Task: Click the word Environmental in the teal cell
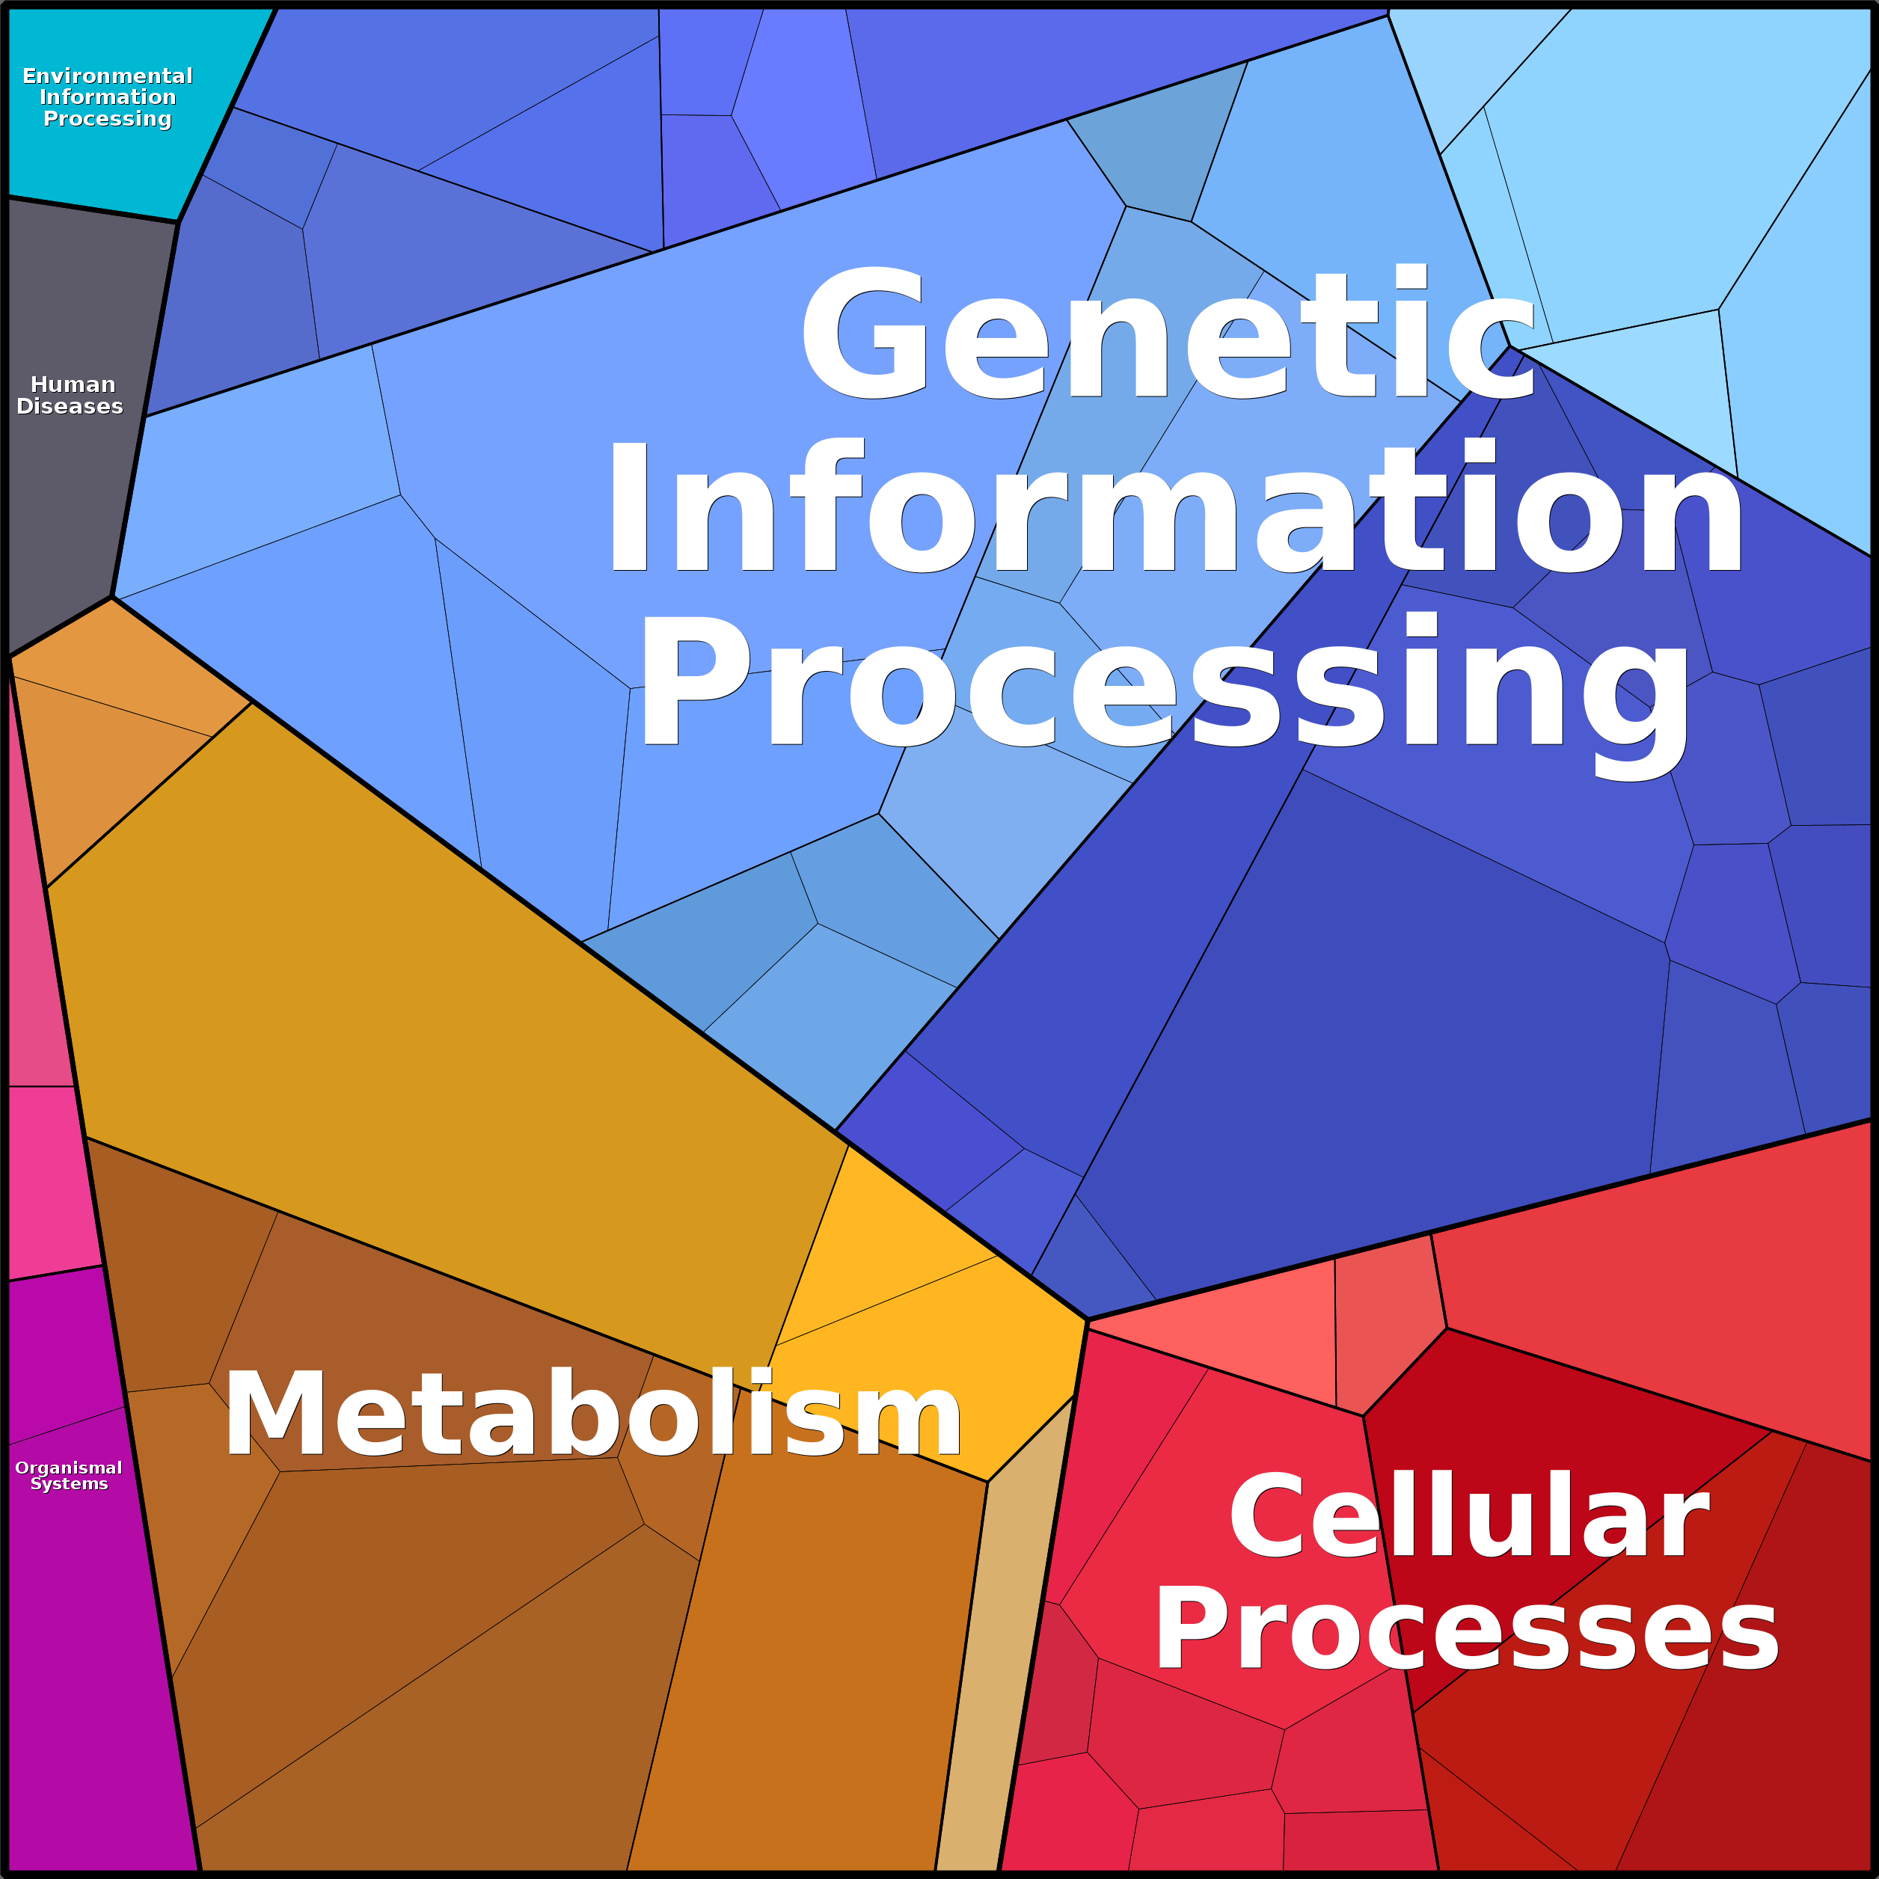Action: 107,76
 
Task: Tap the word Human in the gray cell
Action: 73,384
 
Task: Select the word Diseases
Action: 70,406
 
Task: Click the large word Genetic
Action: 1167,336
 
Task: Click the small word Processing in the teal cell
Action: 107,119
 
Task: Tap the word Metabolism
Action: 593,1415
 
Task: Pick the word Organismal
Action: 68,1468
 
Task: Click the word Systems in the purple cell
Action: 69,1484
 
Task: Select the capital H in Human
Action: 40,384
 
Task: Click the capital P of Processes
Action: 1189,1630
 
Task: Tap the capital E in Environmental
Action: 29,76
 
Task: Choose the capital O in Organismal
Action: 22,1468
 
